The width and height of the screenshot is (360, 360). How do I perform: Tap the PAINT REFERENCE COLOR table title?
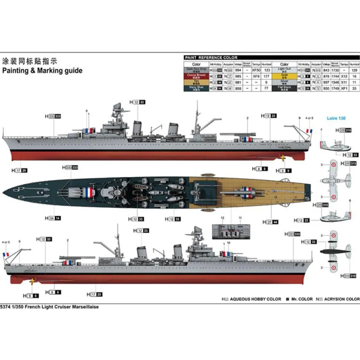210,58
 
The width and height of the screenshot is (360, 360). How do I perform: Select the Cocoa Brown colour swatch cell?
196,76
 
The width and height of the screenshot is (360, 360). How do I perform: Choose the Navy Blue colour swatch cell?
196,88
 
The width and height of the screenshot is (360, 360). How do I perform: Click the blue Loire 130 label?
336,119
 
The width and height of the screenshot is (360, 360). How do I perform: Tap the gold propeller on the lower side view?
32,281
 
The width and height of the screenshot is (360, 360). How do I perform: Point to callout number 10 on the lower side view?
229,243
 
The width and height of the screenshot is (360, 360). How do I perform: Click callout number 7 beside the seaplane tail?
321,130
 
